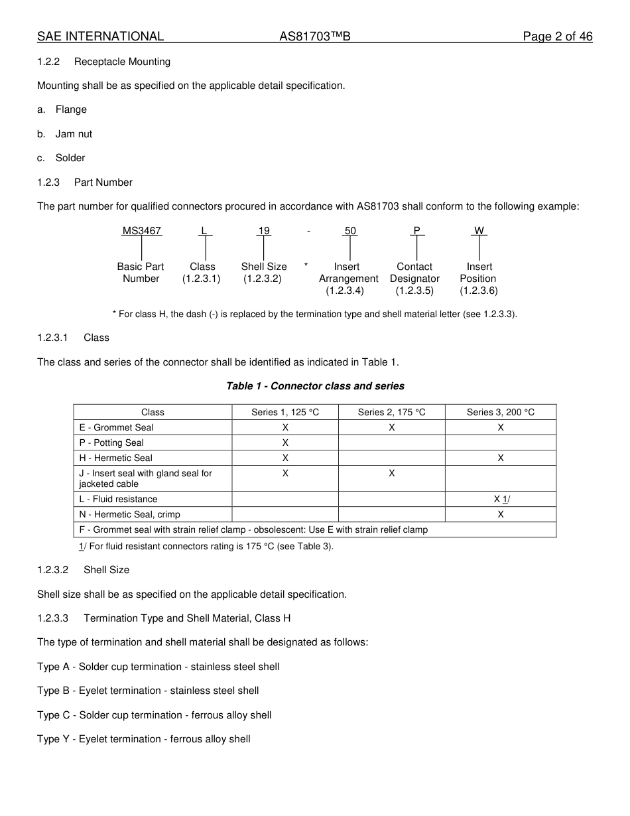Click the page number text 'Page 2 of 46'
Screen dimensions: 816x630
557,36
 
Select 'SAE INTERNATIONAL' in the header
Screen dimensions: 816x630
100,36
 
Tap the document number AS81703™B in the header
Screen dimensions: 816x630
314,36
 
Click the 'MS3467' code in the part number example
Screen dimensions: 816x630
141,231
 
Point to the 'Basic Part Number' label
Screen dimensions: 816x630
141,273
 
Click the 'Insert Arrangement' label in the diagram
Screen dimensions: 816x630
348,273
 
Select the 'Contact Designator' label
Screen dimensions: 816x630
414,273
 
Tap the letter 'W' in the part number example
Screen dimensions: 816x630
479,231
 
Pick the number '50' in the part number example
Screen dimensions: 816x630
350,231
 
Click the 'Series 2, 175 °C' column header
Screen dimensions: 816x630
391,412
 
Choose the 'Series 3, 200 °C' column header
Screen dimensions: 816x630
500,412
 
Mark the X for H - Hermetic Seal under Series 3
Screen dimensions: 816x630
500,458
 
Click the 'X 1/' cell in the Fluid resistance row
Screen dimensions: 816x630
501,499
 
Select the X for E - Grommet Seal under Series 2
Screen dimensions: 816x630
391,428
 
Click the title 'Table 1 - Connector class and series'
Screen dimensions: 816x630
315,386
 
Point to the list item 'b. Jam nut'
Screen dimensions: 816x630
65,134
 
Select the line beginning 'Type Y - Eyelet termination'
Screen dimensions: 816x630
144,739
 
